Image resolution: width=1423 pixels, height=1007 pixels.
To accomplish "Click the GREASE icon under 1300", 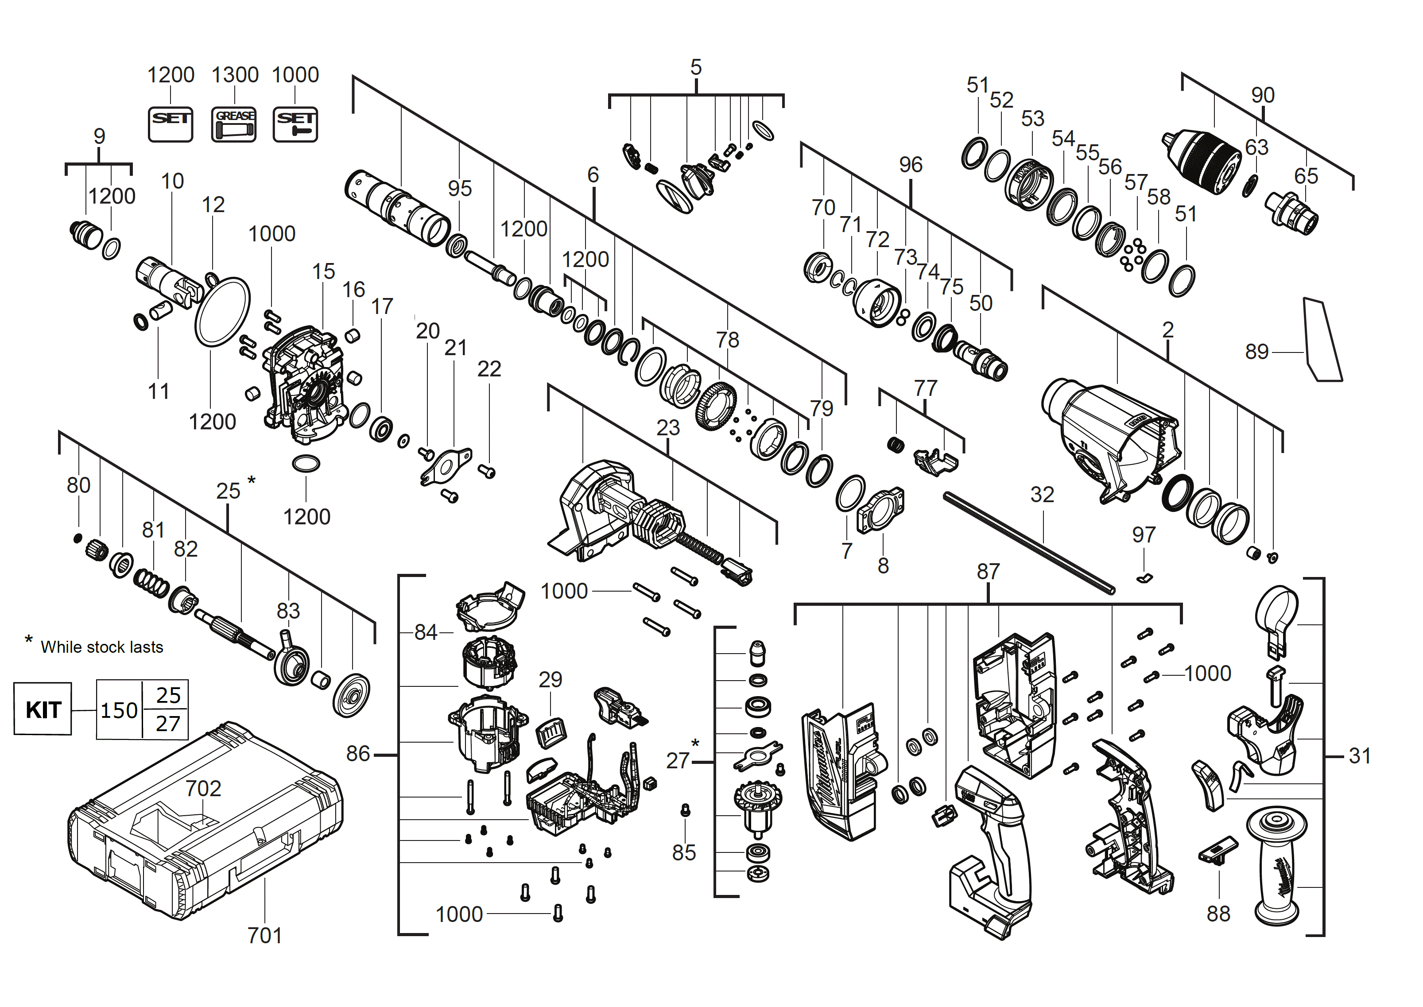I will [x=234, y=124].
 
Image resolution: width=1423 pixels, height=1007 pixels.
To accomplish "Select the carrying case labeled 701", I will [x=205, y=825].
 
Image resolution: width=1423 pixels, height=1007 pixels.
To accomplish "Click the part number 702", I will [x=203, y=788].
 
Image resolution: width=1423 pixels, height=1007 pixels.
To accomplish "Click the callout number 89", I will [x=1257, y=352].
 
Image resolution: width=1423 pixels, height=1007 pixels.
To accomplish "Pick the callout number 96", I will [x=910, y=164].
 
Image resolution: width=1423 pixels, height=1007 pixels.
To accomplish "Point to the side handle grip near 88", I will [x=1276, y=868].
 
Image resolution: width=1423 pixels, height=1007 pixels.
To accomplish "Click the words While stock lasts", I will [x=102, y=647].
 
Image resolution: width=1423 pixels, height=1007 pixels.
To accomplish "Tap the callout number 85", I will [x=683, y=852].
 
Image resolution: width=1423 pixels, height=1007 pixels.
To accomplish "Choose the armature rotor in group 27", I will [x=757, y=806].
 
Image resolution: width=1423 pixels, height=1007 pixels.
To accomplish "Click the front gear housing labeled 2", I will [x=1110, y=440].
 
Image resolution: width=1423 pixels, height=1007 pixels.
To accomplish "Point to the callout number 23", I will [x=668, y=427].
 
